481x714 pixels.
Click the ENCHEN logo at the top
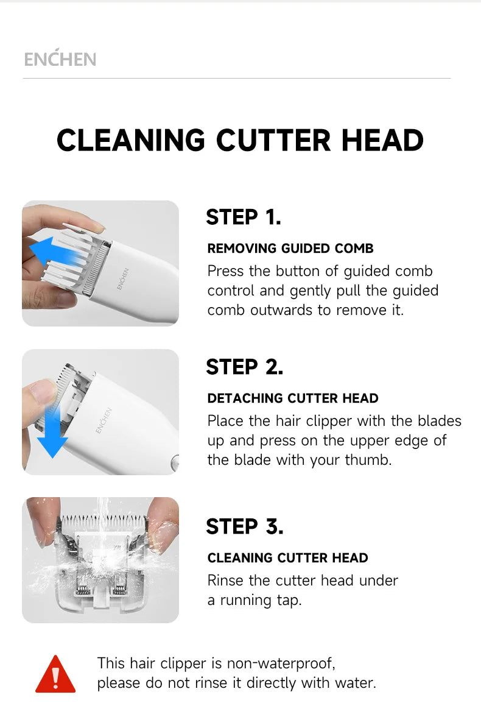pyautogui.click(x=60, y=59)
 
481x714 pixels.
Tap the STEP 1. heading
pyautogui.click(x=244, y=217)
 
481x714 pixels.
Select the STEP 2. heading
pyautogui.click(x=244, y=367)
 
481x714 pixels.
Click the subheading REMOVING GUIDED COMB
pyautogui.click(x=290, y=249)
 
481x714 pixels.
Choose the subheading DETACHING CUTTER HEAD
pyautogui.click(x=293, y=398)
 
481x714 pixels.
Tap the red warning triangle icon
pyautogui.click(x=55, y=675)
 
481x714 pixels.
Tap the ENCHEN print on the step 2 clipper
pyautogui.click(x=104, y=420)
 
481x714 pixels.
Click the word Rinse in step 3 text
pyautogui.click(x=226, y=581)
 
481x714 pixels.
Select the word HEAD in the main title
pyautogui.click(x=382, y=140)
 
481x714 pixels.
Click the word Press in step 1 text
pyautogui.click(x=226, y=270)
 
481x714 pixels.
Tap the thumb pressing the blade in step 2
pyautogui.click(x=43, y=390)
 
